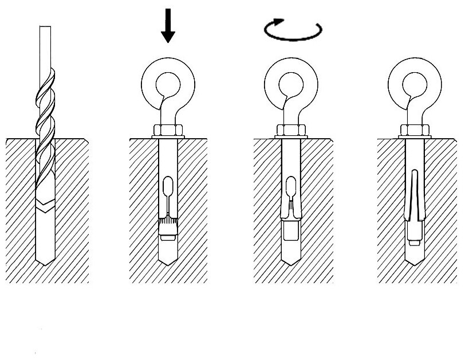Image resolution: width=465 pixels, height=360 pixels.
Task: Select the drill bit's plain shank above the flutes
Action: pos(45,46)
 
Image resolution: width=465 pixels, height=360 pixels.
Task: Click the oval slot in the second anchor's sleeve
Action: pos(167,188)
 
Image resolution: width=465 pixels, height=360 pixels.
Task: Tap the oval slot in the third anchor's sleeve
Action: pos(290,188)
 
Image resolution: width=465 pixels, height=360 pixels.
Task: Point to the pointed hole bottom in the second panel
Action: pos(167,258)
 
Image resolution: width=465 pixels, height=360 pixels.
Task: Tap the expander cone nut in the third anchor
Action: pos(290,230)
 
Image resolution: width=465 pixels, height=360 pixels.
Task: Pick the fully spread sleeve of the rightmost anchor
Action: pos(415,198)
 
